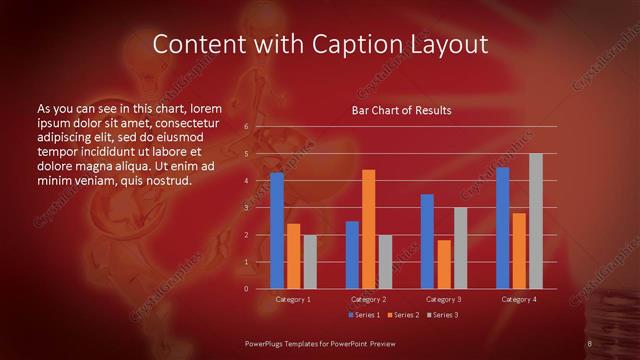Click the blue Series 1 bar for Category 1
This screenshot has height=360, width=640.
[x=277, y=231]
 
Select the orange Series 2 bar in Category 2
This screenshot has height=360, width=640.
[x=368, y=229]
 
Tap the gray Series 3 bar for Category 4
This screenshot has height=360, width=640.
[x=536, y=221]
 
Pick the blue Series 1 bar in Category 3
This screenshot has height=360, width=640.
[x=427, y=241]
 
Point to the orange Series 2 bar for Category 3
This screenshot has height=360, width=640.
[x=444, y=264]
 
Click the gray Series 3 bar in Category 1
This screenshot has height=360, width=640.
[x=310, y=262]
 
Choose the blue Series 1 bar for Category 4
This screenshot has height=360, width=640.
[x=502, y=228]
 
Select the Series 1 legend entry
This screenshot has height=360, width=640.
[x=366, y=315]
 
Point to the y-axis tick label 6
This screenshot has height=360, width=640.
[x=246, y=127]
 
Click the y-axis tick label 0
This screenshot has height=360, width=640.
[x=246, y=289]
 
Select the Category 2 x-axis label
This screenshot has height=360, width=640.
[x=368, y=299]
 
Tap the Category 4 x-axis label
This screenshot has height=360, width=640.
[x=519, y=299]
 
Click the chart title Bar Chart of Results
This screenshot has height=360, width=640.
[x=401, y=110]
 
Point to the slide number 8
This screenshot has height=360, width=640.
[x=590, y=344]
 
